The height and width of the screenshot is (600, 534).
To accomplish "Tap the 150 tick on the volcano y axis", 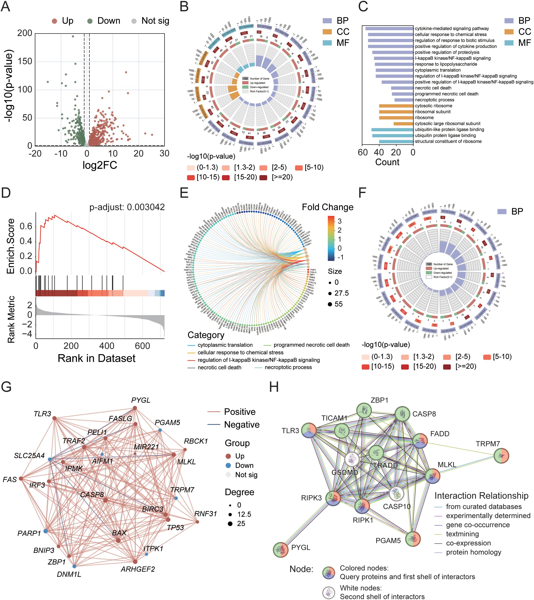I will (x=25, y=61).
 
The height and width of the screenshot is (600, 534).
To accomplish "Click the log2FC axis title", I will (x=100, y=165).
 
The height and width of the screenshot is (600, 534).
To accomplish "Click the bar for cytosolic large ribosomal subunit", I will (x=403, y=124).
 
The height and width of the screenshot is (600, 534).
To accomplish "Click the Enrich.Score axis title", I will (x=11, y=246).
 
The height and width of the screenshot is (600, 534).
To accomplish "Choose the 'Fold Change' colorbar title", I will (x=327, y=207).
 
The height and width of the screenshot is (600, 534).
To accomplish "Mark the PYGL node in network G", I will (x=135, y=408).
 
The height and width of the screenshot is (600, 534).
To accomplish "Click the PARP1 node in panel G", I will (x=45, y=531).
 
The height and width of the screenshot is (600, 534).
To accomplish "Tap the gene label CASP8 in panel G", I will (x=92, y=494).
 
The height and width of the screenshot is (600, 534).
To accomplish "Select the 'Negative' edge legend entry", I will (x=241, y=424).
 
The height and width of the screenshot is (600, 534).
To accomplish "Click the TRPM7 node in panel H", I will (x=501, y=456).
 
